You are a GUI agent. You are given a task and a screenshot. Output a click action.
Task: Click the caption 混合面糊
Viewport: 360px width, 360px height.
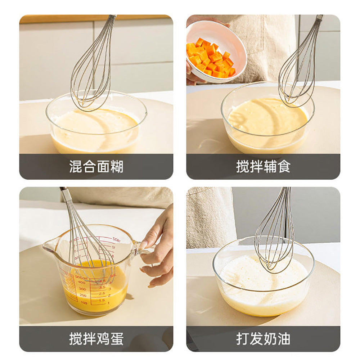pyautogui.click(x=96, y=167)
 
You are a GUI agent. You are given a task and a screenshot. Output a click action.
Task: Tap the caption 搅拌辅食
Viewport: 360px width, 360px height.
pyautogui.click(x=263, y=167)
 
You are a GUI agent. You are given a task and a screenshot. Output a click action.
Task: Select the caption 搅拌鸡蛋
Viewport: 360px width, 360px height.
pyautogui.click(x=96, y=339)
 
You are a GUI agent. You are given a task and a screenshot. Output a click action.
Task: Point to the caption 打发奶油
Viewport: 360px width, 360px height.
pyautogui.click(x=263, y=339)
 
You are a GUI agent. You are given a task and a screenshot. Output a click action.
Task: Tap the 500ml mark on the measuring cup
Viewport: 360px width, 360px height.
pyautogui.click(x=81, y=277)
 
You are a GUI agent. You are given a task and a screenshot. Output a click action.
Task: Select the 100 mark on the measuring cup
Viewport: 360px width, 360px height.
pyautogui.click(x=83, y=303)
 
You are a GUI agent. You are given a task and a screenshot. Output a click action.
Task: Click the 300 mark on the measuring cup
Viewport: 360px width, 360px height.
pyautogui.click(x=82, y=289)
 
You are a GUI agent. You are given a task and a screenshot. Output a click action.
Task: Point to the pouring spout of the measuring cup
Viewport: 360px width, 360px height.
pyautogui.click(x=49, y=247)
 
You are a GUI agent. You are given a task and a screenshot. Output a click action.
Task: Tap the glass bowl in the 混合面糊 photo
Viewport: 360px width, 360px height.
pyautogui.click(x=96, y=124)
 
